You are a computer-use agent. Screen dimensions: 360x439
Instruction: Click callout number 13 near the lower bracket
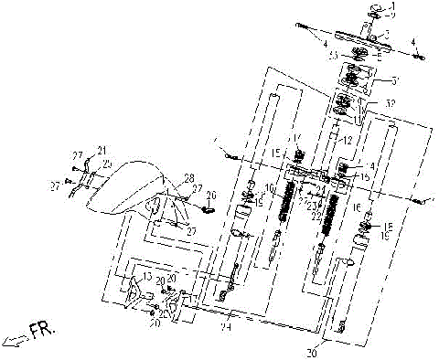pyautogui.click(x=144, y=276)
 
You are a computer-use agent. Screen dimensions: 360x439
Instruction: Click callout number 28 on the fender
pyautogui.click(x=188, y=176)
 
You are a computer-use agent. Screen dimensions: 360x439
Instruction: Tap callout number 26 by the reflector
pyautogui.click(x=211, y=195)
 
